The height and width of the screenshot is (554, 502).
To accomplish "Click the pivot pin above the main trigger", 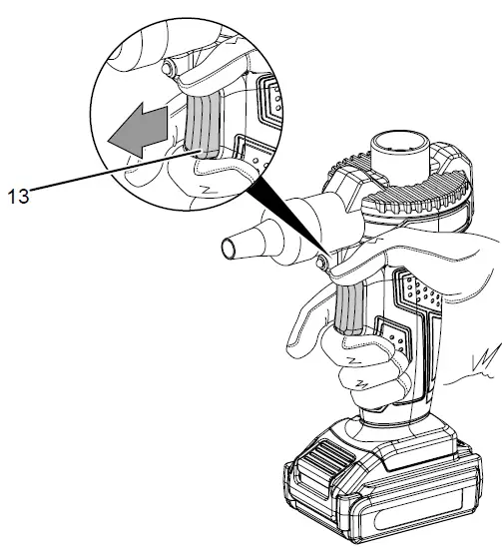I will coord(322,261).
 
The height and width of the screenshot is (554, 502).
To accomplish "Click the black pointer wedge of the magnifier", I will coord(283,214).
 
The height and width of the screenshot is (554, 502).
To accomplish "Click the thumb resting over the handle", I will coord(419,250).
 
